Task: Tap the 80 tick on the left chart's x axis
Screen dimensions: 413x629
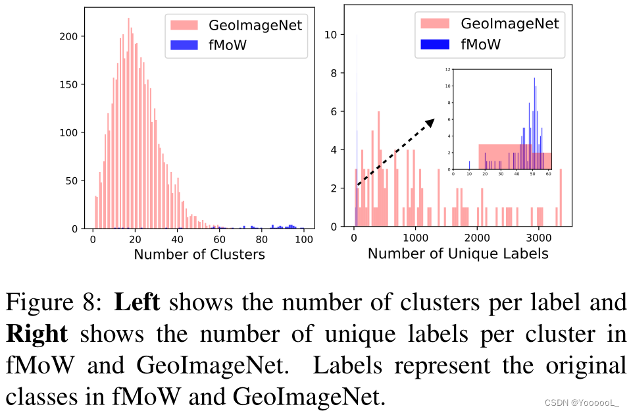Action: pos(262,240)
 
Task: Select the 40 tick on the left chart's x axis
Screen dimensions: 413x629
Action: pos(178,240)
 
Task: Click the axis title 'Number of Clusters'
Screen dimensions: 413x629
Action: pos(199,254)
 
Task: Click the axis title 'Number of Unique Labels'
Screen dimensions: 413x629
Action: pos(458,253)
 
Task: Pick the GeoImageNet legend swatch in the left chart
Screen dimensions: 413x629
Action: pos(187,26)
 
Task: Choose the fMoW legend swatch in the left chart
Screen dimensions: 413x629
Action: pos(187,46)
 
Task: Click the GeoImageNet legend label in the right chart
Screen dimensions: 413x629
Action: pos(510,24)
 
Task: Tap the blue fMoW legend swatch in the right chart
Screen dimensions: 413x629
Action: pos(434,45)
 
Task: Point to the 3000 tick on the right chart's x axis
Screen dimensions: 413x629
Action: pos(539,238)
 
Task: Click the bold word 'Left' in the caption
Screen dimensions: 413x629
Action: pos(136,302)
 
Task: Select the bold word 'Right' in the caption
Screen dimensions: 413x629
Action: pos(37,333)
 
